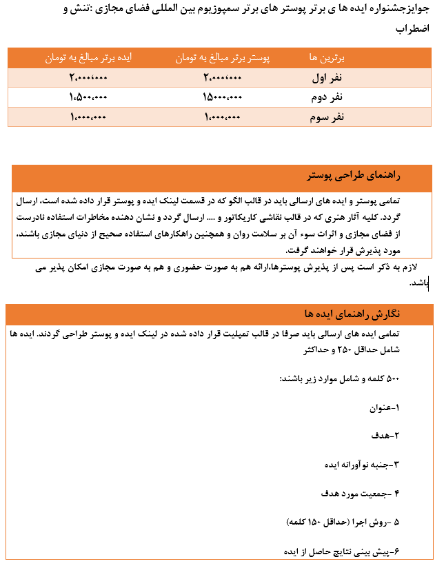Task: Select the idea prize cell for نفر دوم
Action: pos(88,98)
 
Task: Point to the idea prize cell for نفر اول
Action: pos(88,79)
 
